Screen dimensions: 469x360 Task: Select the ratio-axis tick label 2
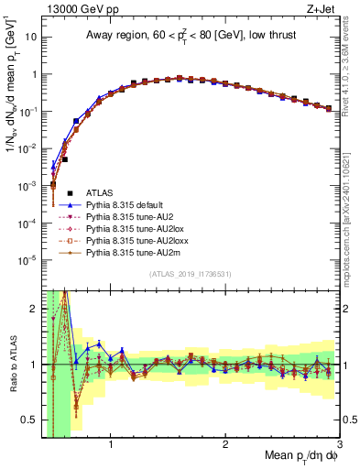pyautogui.click(x=35, y=309)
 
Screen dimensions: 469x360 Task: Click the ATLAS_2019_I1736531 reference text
pyautogui.click(x=189, y=275)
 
